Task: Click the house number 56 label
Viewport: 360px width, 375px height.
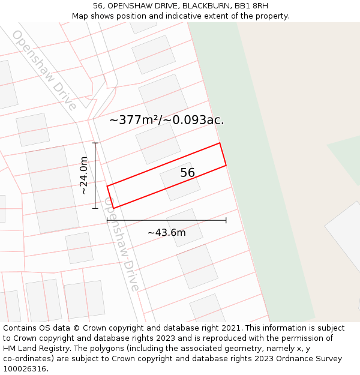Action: [x=188, y=173]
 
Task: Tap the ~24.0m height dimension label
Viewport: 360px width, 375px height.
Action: [x=84, y=175]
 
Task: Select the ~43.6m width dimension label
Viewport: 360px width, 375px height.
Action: [x=166, y=232]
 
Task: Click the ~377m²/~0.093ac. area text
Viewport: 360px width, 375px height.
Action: [x=166, y=119]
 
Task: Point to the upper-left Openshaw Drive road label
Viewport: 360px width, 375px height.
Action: [x=44, y=70]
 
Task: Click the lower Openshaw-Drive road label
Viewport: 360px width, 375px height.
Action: [x=122, y=245]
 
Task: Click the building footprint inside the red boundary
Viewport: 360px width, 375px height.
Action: [x=180, y=181]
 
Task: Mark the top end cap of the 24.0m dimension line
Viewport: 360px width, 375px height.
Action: [x=95, y=143]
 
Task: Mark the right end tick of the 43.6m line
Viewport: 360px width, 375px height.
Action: [x=226, y=220]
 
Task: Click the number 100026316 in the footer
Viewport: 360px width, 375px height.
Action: [x=26, y=368]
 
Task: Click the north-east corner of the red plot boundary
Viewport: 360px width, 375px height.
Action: [x=220, y=143]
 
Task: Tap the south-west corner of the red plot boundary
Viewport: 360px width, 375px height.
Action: [x=113, y=208]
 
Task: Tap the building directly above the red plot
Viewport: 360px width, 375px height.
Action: [x=158, y=142]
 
